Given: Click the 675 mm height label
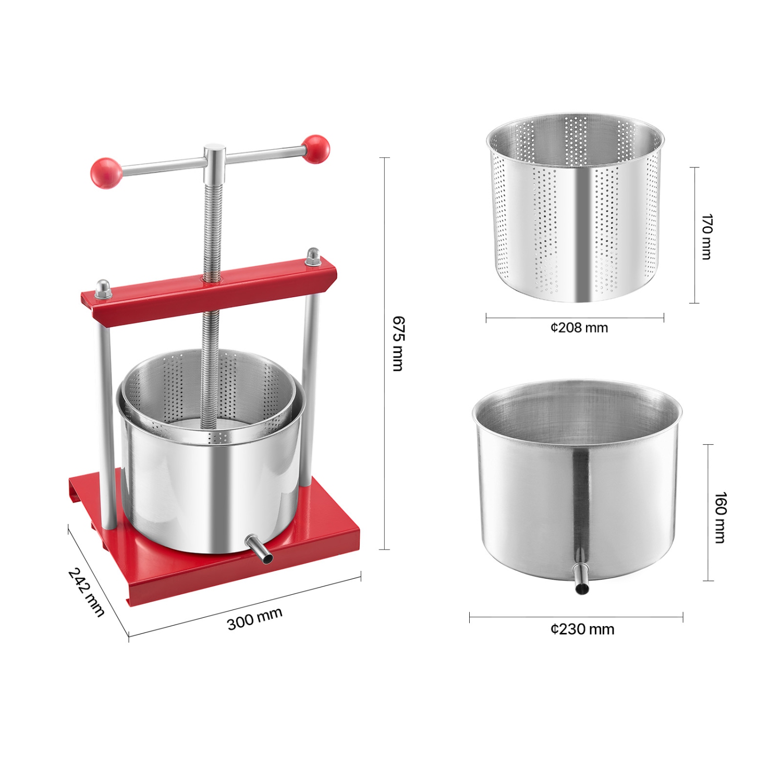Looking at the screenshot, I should point(397,344).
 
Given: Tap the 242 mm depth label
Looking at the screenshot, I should point(87,591).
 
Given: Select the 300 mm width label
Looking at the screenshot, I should point(254,618).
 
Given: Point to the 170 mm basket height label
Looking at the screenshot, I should point(706,236).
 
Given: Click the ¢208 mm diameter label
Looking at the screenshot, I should point(579,328).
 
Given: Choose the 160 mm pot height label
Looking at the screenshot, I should point(719,517).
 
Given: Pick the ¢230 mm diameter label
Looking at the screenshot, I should point(582,629).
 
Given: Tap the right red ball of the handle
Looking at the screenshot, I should point(316,149).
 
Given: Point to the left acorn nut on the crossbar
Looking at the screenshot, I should point(103,289).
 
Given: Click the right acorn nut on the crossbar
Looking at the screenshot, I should point(313,257).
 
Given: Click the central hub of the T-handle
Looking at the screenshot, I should point(214,159).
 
